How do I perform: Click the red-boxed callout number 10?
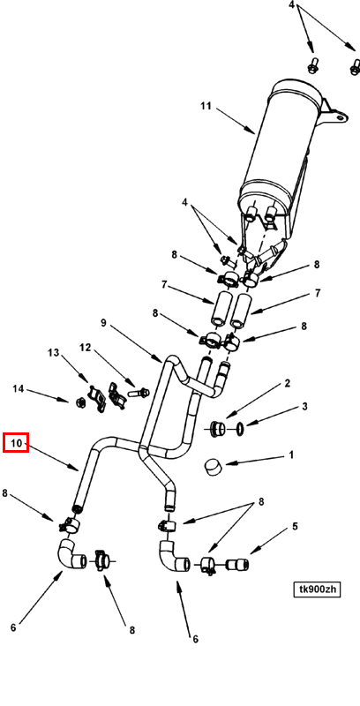click(x=16, y=443)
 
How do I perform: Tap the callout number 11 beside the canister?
click(x=206, y=106)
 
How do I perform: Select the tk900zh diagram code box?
click(x=317, y=589)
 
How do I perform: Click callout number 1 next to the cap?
click(x=291, y=454)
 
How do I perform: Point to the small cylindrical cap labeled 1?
click(x=214, y=467)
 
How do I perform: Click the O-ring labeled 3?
click(x=241, y=429)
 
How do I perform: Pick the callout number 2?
click(x=287, y=384)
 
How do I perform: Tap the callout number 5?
click(x=295, y=526)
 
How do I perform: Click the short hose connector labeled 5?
click(x=237, y=564)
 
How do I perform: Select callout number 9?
click(x=103, y=323)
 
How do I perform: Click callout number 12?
click(x=85, y=348)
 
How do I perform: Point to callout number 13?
click(x=54, y=352)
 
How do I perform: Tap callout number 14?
click(x=18, y=388)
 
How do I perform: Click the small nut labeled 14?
click(x=80, y=401)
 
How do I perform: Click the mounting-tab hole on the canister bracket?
click(x=340, y=118)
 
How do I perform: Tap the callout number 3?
click(x=304, y=407)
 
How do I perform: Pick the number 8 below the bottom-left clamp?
click(x=131, y=630)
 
